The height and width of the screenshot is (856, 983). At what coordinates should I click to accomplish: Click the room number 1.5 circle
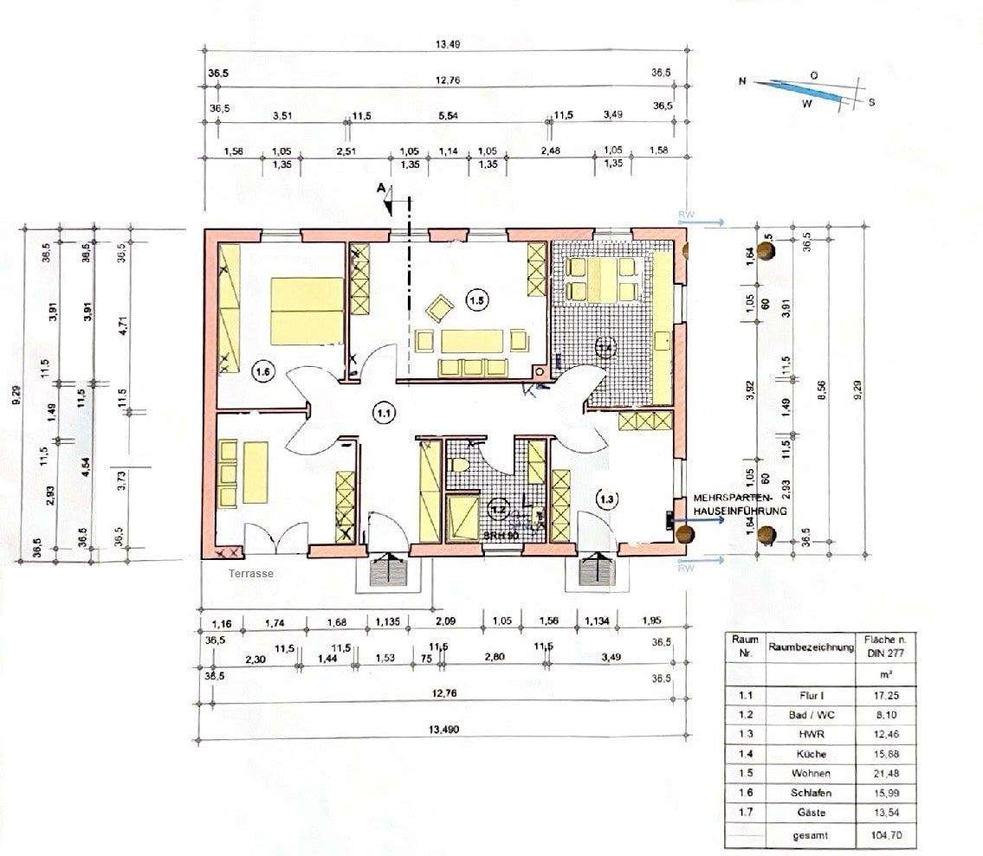point(476,301)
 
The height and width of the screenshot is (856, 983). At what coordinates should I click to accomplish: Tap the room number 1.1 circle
point(384,414)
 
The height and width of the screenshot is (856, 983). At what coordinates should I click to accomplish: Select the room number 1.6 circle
point(263,372)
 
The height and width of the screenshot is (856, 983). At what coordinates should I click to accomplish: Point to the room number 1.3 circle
point(607,498)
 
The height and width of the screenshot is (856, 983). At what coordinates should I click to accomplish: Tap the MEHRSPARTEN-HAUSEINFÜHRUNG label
point(740,505)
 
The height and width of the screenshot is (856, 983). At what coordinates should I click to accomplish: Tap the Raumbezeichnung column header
point(811,647)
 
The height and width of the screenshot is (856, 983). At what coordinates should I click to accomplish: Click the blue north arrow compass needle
point(802,91)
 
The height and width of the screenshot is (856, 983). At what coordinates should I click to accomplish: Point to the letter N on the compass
point(742,80)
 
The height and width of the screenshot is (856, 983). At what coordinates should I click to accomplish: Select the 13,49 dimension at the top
point(447,44)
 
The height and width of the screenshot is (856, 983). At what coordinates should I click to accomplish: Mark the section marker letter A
point(380,187)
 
